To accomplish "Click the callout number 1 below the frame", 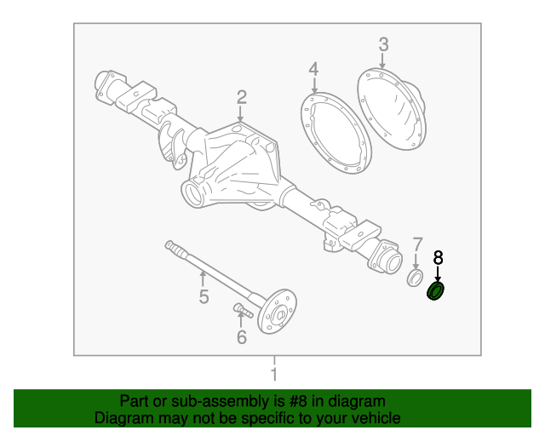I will [x=273, y=376].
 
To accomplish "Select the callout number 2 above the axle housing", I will [x=242, y=97].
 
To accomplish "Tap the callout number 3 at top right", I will [x=383, y=44].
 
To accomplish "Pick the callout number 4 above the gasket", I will [x=313, y=69].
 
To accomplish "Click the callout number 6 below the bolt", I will [x=241, y=338].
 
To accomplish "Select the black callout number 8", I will [x=439, y=256].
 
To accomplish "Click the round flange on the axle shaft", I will [x=278, y=313].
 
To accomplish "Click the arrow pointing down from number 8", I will [x=439, y=273].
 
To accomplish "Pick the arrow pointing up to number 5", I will [x=204, y=278].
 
